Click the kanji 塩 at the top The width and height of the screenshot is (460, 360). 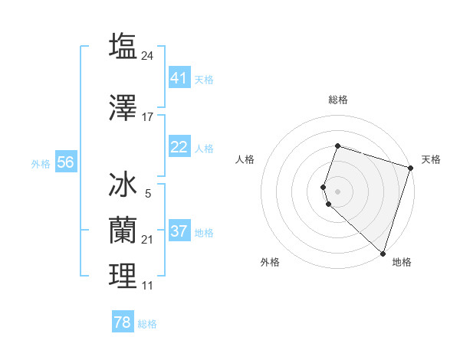tap(123, 46)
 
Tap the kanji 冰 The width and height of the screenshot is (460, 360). tap(123, 186)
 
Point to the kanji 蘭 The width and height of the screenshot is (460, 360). tap(123, 230)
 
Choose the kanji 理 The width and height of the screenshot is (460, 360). tap(123, 277)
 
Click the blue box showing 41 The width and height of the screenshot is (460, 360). tap(179, 78)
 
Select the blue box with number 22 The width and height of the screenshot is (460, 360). tap(179, 147)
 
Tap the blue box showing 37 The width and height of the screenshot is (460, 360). tap(179, 231)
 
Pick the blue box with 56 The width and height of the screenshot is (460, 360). tap(65, 162)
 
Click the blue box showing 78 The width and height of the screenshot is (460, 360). tap(123, 322)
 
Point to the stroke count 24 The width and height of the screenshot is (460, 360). tap(148, 55)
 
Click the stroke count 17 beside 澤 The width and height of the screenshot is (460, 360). tap(148, 117)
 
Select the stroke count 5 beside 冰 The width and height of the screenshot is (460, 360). tap(148, 194)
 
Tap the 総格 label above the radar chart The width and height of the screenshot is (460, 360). tap(338, 100)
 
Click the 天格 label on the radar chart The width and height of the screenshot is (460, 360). tap(431, 159)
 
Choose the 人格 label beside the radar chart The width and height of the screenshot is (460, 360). tap(245, 159)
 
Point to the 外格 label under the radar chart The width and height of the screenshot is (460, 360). tap(270, 263)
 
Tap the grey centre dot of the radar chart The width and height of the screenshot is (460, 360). tap(338, 190)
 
